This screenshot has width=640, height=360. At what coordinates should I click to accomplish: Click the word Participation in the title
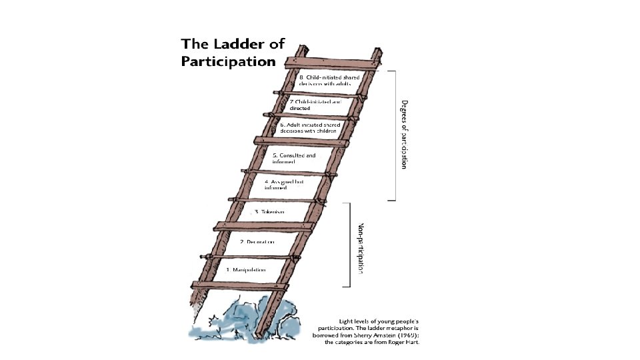(228, 62)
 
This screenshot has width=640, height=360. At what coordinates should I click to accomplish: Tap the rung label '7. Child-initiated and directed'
(315, 104)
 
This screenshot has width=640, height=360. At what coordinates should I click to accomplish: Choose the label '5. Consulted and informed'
(293, 159)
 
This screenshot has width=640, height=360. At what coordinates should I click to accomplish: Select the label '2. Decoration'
(257, 241)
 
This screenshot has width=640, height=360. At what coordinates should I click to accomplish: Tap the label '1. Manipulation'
(246, 270)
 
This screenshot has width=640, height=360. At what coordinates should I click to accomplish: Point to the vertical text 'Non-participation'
(361, 248)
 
